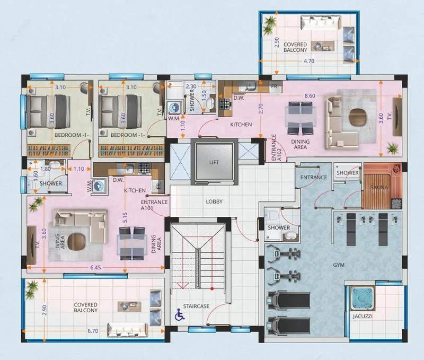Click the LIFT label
tap(214, 162)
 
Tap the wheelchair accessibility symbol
tap(179, 314)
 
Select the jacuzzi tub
tap(363, 298)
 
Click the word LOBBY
tap(214, 201)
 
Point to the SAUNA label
tap(379, 187)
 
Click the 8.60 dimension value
tap(310, 96)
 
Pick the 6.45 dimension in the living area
tap(95, 268)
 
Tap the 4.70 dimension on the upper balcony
tap(309, 61)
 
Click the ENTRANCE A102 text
tap(276, 148)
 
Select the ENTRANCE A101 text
tap(154, 205)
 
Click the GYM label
tap(339, 265)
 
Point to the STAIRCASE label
tap(196, 306)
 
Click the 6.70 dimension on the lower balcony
tap(93, 331)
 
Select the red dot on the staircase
tap(212, 288)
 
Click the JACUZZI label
tap(363, 316)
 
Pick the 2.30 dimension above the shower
tap(191, 86)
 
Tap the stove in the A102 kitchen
tap(224, 103)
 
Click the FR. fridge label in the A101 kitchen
tap(158, 185)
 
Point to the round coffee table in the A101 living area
tap(76, 241)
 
